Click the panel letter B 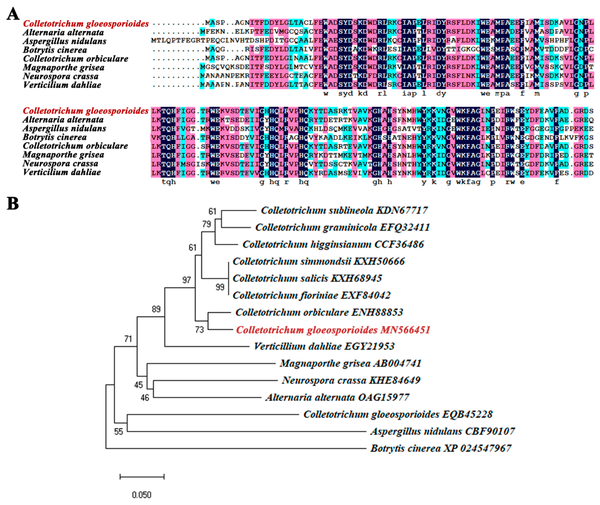[x=13, y=204]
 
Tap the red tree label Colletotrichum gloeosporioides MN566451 [x=333, y=330]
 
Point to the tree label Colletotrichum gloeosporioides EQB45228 [x=398, y=414]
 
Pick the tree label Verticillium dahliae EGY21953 [x=324, y=346]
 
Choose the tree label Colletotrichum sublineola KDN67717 [x=344, y=210]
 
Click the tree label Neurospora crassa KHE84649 [x=351, y=380]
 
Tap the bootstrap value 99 [x=220, y=287]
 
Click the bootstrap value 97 [x=187, y=280]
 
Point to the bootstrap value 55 [x=118, y=431]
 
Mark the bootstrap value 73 [x=199, y=330]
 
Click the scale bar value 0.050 [x=142, y=495]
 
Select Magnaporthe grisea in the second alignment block [x=63, y=155]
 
